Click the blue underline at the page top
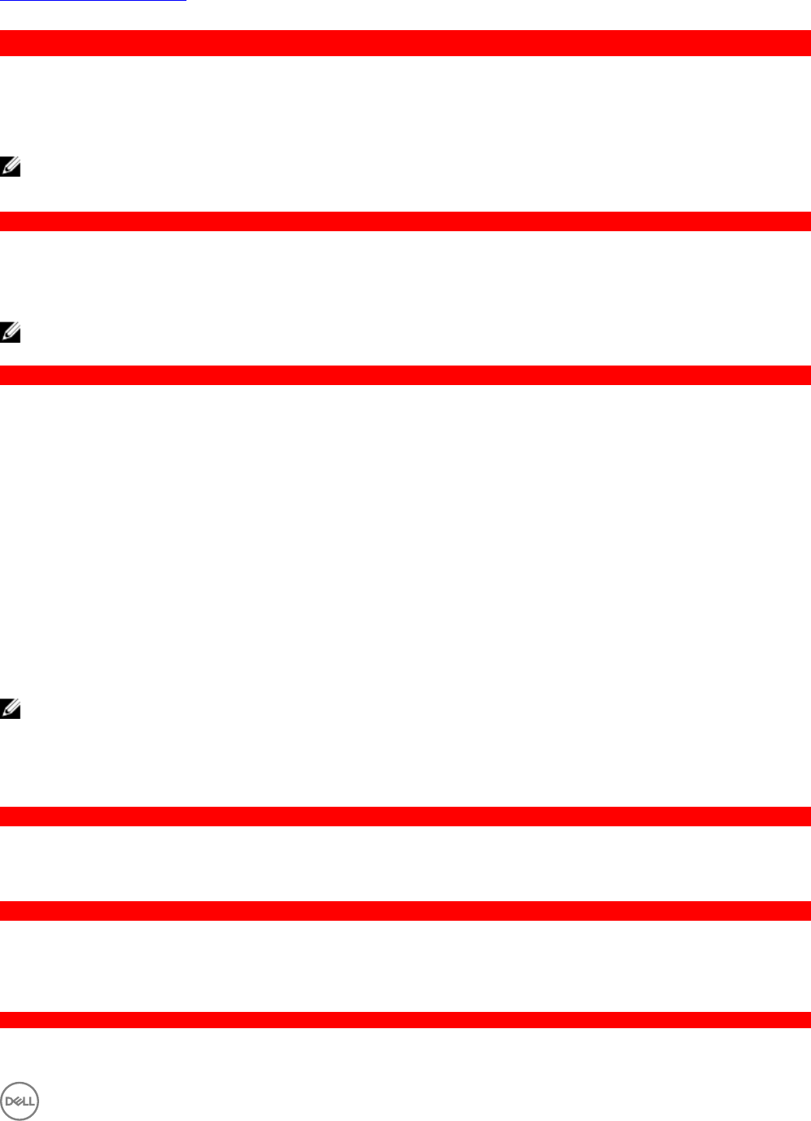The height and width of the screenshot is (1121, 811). [x=93, y=1]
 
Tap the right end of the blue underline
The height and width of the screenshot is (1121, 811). [x=186, y=1]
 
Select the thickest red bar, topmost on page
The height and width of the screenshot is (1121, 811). [x=405, y=43]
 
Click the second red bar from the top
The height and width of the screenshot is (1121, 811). [x=405, y=221]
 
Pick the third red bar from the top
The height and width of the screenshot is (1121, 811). [x=405, y=375]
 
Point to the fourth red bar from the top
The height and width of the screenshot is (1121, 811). [x=405, y=817]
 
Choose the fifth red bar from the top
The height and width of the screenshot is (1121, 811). [x=405, y=911]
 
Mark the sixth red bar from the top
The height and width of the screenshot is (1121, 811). [x=405, y=1020]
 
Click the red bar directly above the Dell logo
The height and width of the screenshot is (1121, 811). [x=405, y=1020]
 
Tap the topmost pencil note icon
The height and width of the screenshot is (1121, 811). [x=10, y=167]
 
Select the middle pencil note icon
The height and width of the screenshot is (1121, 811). [x=10, y=332]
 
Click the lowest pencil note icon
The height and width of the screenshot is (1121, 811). [x=10, y=708]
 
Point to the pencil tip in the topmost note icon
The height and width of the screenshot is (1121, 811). [x=3, y=172]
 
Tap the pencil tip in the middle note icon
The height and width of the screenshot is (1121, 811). [x=3, y=337]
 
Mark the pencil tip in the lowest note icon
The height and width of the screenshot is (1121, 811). [x=3, y=714]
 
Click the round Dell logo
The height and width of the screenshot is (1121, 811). [x=20, y=1101]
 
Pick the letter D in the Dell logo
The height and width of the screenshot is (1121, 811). [x=10, y=1101]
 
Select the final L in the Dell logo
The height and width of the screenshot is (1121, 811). [x=32, y=1101]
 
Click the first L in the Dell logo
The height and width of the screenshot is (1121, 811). [x=25, y=1101]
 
